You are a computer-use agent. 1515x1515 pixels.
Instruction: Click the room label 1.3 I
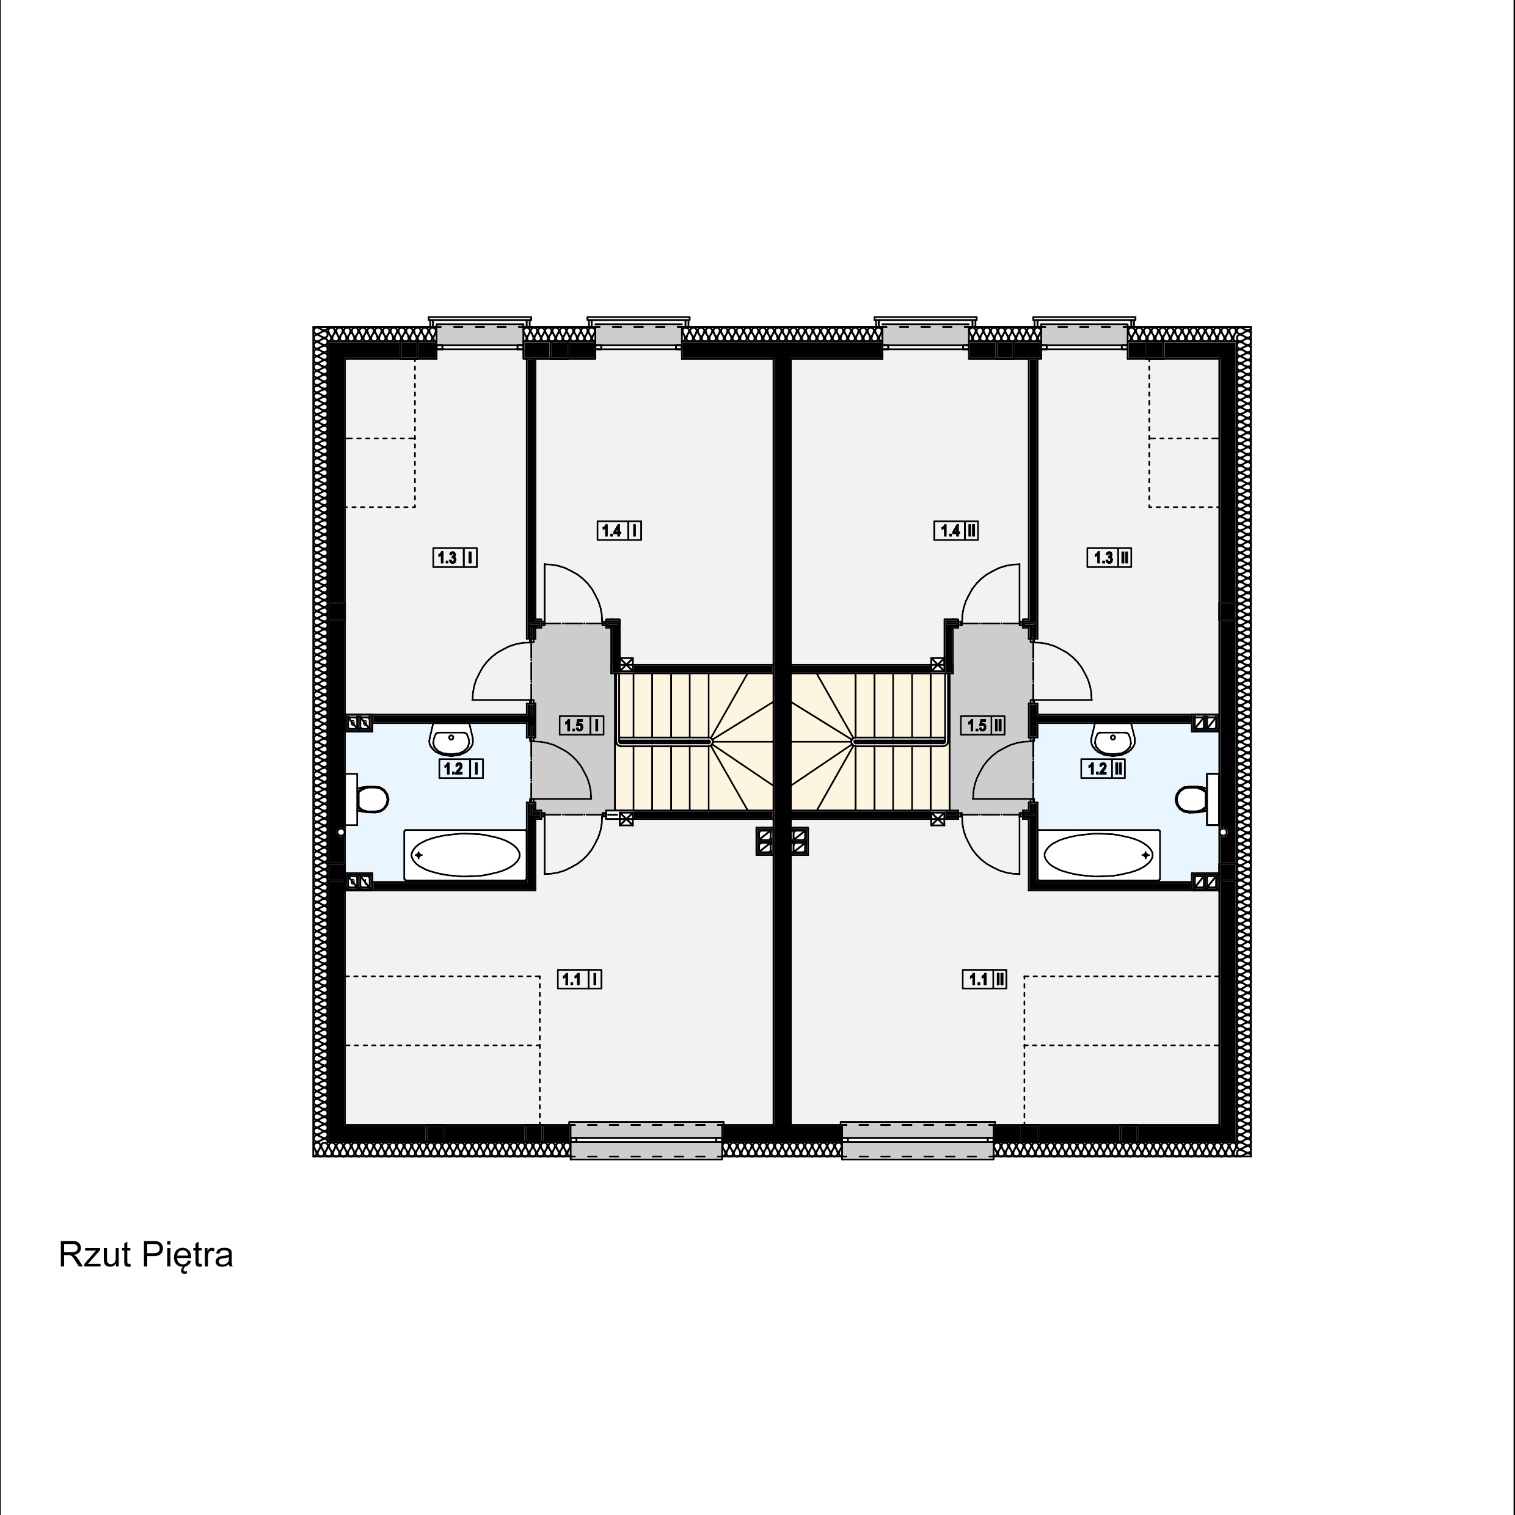coord(455,558)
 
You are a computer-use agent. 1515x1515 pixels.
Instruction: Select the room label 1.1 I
coord(580,979)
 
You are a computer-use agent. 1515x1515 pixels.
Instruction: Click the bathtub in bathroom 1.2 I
coord(465,855)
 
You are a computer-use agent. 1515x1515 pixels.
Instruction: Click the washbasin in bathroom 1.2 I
coord(451,738)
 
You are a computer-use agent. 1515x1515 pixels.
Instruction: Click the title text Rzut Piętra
coord(146,1256)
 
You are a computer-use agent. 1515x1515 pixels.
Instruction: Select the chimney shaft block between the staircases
coord(782,841)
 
